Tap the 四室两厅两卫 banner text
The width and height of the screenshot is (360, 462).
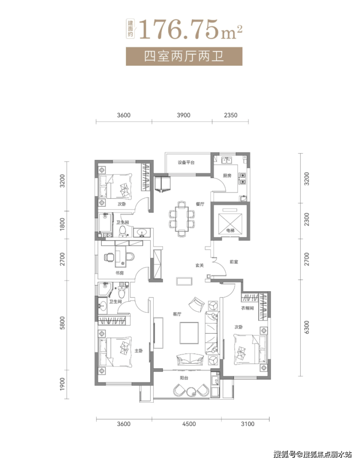click(184, 56)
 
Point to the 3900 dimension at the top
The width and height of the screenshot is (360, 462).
click(183, 115)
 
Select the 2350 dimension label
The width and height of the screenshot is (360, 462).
click(231, 115)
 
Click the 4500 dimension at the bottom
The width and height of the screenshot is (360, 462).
click(189, 424)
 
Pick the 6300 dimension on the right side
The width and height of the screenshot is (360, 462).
click(306, 327)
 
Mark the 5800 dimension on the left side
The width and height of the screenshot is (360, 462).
click(62, 322)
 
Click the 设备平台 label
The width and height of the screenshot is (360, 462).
click(186, 162)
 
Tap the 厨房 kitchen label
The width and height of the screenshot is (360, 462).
click(227, 176)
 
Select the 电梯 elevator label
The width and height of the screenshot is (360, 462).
click(230, 231)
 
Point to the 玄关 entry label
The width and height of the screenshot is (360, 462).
click(199, 265)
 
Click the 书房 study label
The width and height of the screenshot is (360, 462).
click(119, 273)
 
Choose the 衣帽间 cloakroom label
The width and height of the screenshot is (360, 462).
click(247, 308)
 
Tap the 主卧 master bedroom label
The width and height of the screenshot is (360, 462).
click(139, 351)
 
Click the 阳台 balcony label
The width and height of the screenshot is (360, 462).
click(184, 378)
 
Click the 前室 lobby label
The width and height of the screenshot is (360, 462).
click(234, 262)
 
